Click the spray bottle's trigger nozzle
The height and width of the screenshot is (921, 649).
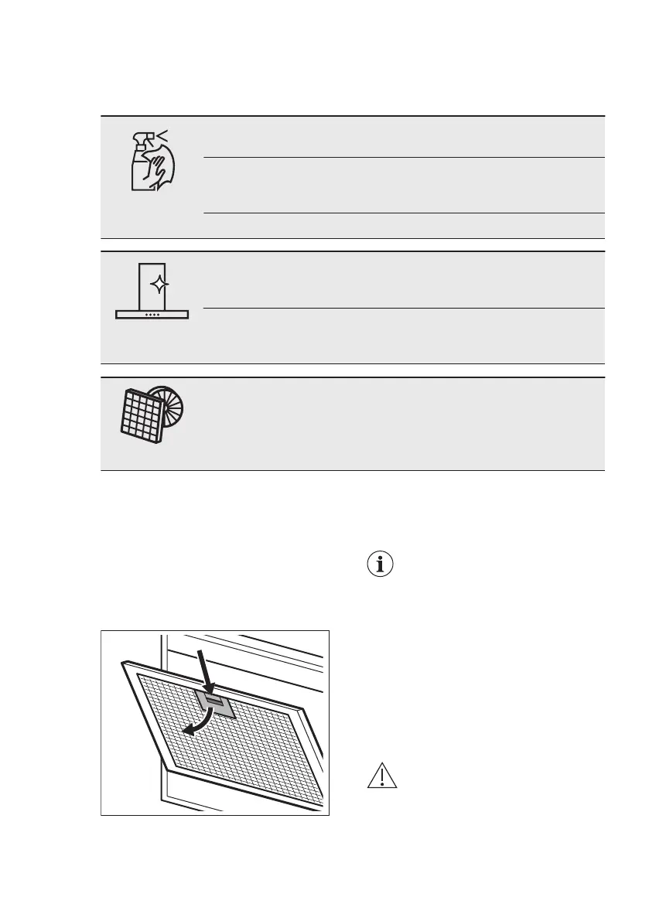[143, 137]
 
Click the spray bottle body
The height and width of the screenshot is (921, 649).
[140, 174]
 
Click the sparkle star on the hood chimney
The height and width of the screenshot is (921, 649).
[159, 285]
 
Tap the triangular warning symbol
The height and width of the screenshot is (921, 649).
[382, 776]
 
